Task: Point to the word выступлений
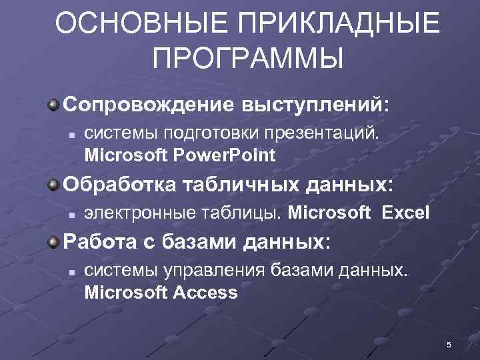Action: (x=313, y=105)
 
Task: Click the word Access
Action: (x=205, y=293)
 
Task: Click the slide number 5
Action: (x=449, y=345)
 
